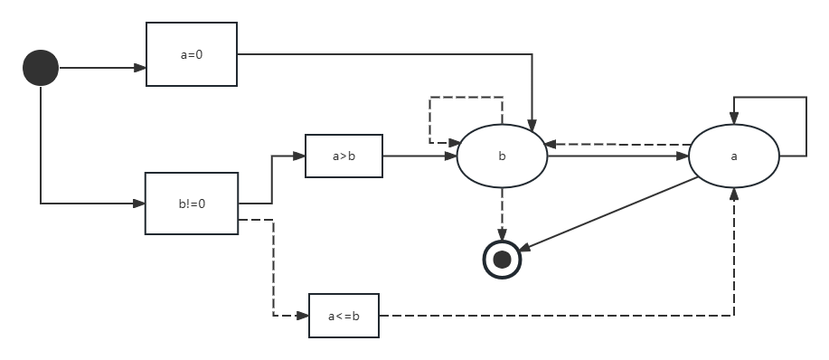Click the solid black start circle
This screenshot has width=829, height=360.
[41, 68]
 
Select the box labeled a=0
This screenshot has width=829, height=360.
[192, 54]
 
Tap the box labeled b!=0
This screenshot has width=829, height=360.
[192, 204]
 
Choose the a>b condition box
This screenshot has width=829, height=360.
[344, 156]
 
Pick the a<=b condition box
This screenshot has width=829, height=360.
[344, 316]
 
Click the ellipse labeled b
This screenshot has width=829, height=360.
[502, 156]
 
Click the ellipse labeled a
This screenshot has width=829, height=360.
[734, 156]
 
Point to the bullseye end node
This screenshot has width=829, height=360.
[503, 260]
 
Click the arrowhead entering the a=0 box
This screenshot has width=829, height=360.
[140, 68]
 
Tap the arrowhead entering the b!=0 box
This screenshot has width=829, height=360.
[139, 204]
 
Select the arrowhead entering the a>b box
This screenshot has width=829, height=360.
[299, 156]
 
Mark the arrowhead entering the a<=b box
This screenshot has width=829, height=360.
[303, 316]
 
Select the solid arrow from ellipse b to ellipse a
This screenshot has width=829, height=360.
[618, 156]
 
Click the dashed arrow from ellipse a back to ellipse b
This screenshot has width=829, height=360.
[617, 144]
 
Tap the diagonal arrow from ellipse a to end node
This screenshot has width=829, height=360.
[608, 214]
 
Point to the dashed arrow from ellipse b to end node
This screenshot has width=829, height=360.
[503, 214]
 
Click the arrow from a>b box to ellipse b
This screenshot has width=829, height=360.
[419, 156]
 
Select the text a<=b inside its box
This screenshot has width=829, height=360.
[344, 316]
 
